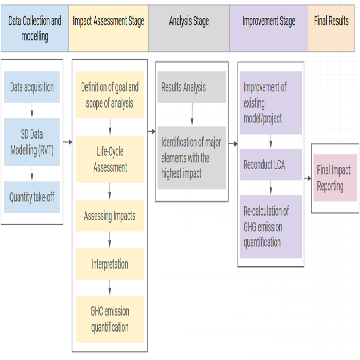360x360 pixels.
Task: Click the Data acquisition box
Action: pos(32,87)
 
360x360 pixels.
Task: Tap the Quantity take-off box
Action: pos(32,197)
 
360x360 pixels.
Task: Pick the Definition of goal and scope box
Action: pos(110,95)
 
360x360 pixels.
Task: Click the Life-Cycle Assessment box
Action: pos(110,159)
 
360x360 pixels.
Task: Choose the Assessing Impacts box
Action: pos(110,216)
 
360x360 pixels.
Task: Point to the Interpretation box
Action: pos(110,264)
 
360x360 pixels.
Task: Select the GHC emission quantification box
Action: pos(110,319)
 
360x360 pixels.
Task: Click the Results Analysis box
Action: pos(192,87)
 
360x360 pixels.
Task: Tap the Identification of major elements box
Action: pos(192,157)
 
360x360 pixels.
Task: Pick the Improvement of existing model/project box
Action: pos(270,103)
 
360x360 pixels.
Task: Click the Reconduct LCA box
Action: pos(270,165)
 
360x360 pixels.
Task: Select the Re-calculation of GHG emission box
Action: pos(270,226)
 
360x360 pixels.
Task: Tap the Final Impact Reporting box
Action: pos(335,178)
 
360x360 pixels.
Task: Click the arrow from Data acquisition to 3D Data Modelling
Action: pos(32,110)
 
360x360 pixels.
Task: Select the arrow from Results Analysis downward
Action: pos(192,114)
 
